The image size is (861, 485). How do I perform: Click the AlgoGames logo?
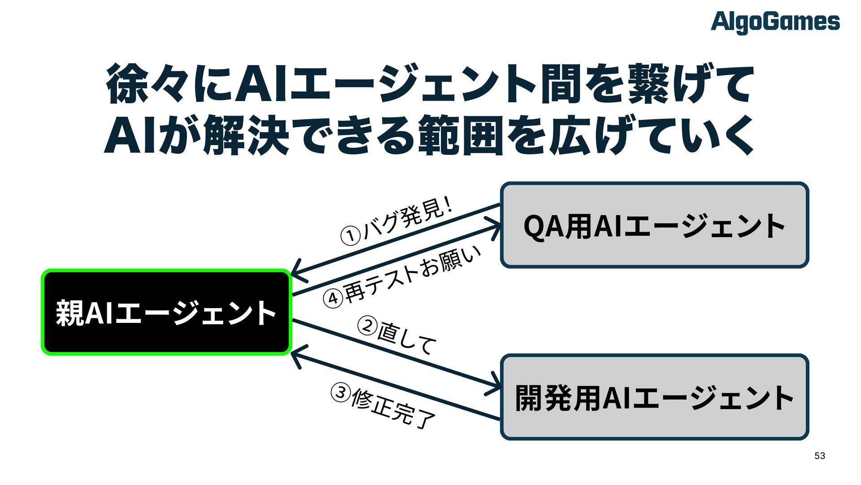(775, 22)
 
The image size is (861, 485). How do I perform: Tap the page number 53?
(820, 456)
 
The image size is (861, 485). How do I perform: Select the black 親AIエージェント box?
(166, 313)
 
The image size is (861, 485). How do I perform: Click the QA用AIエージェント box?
(654, 225)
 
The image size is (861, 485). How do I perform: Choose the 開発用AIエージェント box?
(654, 397)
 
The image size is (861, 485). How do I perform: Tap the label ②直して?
(397, 335)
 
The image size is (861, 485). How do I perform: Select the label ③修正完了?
(384, 407)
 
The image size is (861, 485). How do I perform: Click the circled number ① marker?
(350, 236)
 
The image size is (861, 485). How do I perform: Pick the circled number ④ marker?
(333, 298)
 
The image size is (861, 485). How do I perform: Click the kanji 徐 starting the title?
(127, 84)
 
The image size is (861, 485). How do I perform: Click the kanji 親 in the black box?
(70, 313)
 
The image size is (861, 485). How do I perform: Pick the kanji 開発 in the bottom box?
(544, 398)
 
